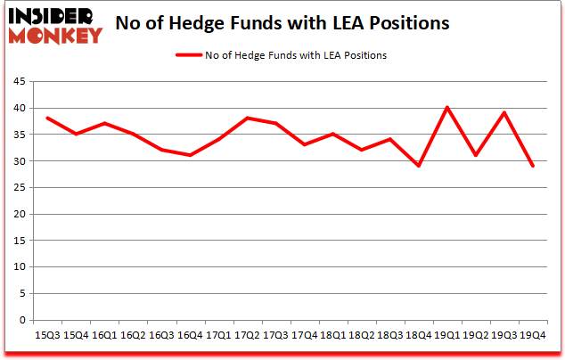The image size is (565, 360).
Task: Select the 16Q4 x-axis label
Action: coord(189,335)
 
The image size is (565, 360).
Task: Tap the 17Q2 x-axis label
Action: coord(246,335)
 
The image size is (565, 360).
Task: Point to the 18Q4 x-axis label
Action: coord(417,335)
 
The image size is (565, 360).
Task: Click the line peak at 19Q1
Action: coord(446,108)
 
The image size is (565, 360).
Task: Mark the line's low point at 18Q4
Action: coord(418,167)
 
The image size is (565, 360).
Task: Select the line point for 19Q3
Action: coord(504,113)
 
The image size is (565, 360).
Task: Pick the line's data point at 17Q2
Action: coord(247,119)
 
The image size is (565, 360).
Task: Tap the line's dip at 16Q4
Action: coord(190,156)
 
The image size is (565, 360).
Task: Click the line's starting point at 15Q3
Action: coord(47,119)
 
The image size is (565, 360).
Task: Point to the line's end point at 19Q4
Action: coord(532,167)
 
